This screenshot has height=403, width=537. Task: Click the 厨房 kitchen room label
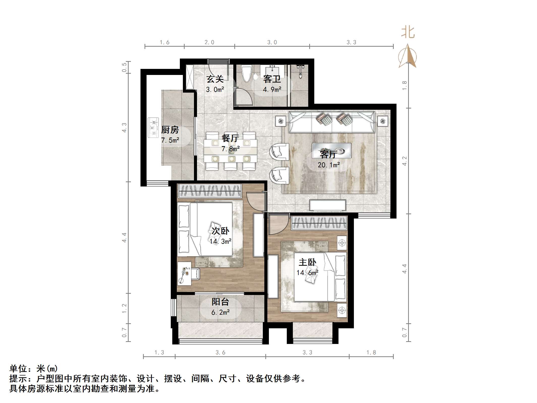pos(170,130)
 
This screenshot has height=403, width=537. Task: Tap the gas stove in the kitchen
pos(153,128)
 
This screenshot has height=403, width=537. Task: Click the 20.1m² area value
pos(329,165)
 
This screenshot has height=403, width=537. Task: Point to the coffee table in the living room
pos(332,151)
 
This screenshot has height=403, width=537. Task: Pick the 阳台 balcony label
pos(220,302)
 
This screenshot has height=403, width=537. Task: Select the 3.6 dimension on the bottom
pos(220,353)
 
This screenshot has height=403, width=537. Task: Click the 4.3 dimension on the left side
pos(124,127)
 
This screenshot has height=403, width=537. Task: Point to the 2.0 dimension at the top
pos(209,42)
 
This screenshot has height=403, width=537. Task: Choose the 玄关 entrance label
pos(215,79)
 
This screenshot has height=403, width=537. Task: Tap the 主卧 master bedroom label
pos(307,262)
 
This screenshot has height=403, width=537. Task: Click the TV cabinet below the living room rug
pos(328,205)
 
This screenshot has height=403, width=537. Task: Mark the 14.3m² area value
pos(220,241)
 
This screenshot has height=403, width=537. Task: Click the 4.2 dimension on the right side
pos(404,161)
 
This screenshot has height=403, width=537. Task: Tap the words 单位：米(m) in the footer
pos(34,369)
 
